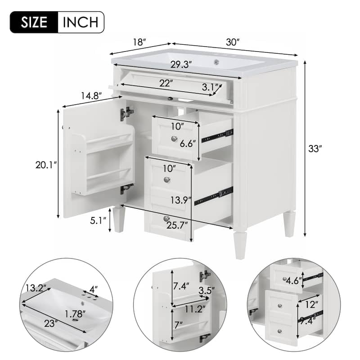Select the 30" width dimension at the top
click(232, 42)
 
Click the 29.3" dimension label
click(182, 64)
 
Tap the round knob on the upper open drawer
click(174, 139)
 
